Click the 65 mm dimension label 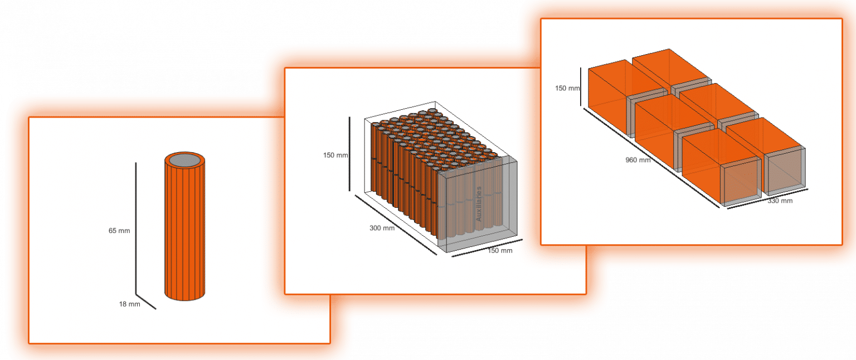[119, 231]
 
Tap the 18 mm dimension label [129, 304]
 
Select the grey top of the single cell [185, 160]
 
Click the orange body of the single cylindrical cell [185, 229]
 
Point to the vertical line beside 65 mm [135, 228]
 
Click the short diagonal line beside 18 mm [146, 301]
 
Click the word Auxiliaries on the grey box [479, 204]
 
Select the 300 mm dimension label [382, 228]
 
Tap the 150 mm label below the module [500, 251]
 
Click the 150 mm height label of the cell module [335, 155]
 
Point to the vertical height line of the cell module [349, 154]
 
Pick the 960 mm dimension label [638, 160]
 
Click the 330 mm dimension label [780, 201]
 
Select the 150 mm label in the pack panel [567, 88]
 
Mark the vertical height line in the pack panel [581, 87]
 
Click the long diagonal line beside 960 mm [651, 158]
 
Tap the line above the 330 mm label [767, 199]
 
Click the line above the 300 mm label [396, 225]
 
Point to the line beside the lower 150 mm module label [487, 248]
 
